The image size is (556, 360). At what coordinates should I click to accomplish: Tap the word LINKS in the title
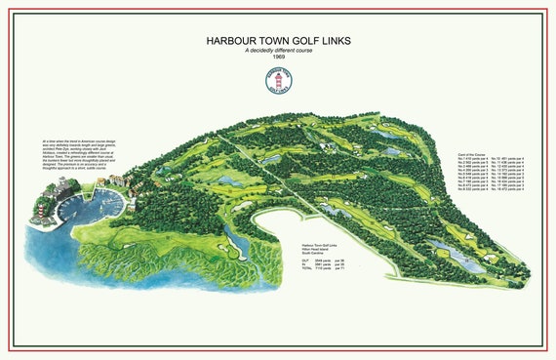tap(332, 41)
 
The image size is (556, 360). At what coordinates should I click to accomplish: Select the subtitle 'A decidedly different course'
tap(278, 50)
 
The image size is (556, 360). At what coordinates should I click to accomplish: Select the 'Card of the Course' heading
tap(472, 154)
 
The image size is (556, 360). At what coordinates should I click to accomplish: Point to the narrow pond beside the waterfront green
tap(231, 240)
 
